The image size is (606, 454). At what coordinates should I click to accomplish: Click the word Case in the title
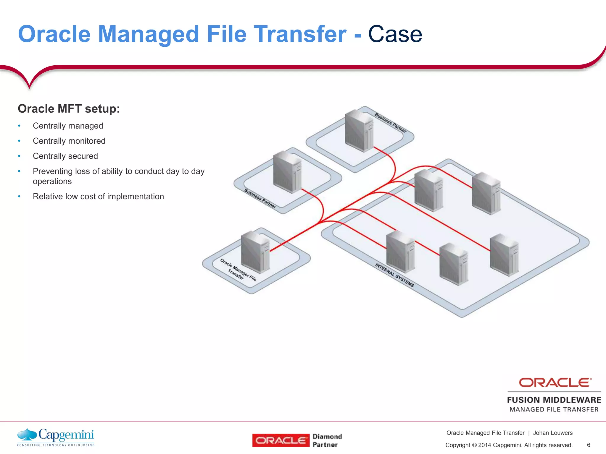tap(395, 34)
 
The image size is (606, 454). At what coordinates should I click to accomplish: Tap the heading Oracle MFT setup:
tap(69, 109)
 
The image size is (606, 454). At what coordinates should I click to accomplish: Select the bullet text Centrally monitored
tap(69, 141)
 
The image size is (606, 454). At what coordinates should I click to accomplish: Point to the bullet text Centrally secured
tap(65, 156)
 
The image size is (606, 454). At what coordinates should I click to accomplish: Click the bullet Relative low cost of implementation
tap(98, 197)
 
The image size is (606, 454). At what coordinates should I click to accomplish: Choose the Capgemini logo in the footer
tap(56, 437)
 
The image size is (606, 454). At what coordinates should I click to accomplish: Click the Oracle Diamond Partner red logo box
tap(281, 440)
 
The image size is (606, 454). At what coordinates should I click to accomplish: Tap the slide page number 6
tap(589, 445)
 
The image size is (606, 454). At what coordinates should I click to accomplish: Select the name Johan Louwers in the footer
tap(553, 433)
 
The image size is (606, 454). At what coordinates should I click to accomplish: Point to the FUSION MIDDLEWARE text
tap(554, 400)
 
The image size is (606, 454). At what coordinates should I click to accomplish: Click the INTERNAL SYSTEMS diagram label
tap(394, 275)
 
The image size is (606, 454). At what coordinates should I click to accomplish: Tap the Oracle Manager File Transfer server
tap(255, 252)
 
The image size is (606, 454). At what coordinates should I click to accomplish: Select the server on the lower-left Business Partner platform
tap(287, 172)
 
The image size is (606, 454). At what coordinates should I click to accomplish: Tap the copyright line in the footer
tap(509, 445)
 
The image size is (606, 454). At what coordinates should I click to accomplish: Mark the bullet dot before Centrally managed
tap(19, 126)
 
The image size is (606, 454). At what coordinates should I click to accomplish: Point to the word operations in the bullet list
tap(52, 181)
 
